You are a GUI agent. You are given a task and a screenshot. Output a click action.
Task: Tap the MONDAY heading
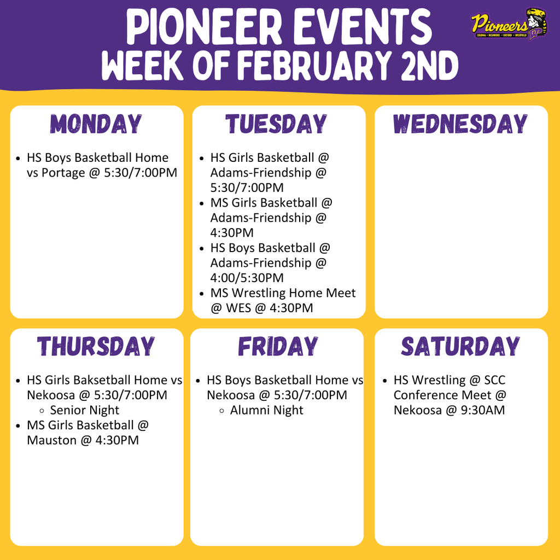(x=97, y=124)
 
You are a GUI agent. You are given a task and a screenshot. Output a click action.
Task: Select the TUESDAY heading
(x=277, y=124)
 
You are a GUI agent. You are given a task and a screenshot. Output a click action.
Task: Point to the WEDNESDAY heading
(x=460, y=124)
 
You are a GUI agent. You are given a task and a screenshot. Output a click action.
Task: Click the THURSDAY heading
(x=96, y=347)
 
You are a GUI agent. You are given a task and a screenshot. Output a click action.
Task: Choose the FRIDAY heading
(x=278, y=347)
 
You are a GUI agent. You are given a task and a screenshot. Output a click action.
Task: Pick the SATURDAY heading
(x=460, y=347)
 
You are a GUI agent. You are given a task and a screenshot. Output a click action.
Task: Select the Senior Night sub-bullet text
(x=85, y=410)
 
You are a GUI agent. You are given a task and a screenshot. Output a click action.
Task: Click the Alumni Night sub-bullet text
(x=266, y=410)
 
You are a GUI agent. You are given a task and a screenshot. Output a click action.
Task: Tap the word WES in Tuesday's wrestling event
(x=237, y=308)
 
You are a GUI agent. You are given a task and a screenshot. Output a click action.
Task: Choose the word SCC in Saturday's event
(x=495, y=380)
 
